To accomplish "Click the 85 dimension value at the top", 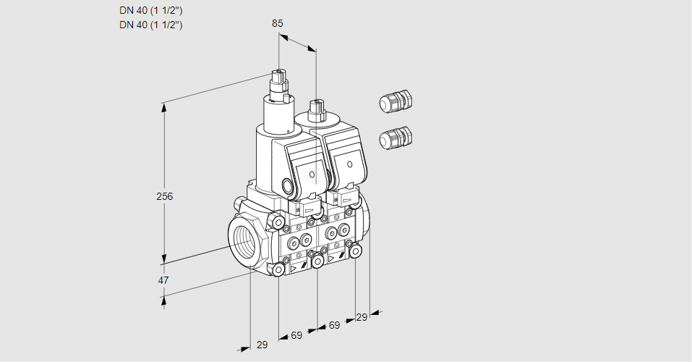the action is [x=277, y=23].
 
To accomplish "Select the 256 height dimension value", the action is [x=165, y=196].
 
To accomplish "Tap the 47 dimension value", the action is [x=163, y=280].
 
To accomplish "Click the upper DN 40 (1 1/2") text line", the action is [x=150, y=11].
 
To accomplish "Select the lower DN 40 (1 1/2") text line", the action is [x=150, y=25].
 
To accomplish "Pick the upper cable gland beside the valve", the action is [x=396, y=101].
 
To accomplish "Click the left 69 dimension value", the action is [x=296, y=335].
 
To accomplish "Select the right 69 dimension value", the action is [x=335, y=325].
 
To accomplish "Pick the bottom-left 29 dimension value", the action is [x=262, y=345].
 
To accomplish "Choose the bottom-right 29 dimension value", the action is [x=362, y=317].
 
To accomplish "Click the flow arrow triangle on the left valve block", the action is [x=294, y=268].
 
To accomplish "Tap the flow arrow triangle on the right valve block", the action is [x=331, y=258].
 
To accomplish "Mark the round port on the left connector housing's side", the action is [x=289, y=185].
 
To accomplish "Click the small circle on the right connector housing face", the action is [x=350, y=164].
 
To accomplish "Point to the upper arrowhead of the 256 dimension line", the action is [x=164, y=107].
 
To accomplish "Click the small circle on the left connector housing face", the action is [x=312, y=174].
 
